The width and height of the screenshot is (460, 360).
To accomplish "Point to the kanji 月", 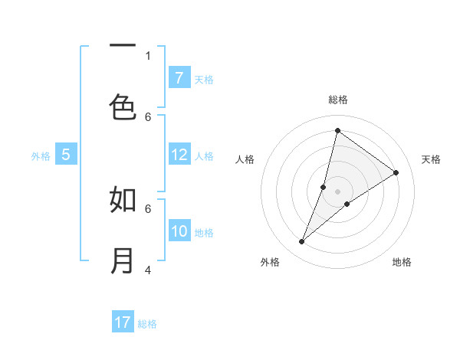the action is coord(123,260).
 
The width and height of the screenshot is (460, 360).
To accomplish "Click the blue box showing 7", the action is coord(179,78).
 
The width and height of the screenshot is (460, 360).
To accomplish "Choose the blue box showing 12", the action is coord(179,155).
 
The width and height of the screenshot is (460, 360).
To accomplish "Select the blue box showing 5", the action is coord(66,155).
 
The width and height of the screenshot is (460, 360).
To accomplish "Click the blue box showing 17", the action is coord(123,322).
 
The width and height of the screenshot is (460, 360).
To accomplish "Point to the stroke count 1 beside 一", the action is coord(148,55).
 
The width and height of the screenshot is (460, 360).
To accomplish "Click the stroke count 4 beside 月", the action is coord(148,270).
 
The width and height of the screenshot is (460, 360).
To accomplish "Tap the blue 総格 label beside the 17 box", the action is coord(147,324).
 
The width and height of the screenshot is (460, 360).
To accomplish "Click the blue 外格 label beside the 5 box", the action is coord(41,156).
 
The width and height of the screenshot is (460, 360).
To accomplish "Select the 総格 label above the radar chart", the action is coord(337,100).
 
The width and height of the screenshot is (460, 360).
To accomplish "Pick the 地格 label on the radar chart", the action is coord(402,262).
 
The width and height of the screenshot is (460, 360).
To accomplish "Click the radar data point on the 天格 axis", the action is coord(396,172).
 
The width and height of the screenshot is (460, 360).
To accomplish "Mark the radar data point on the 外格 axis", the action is coord(302,242).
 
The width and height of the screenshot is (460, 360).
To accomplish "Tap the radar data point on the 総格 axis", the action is coord(337,130).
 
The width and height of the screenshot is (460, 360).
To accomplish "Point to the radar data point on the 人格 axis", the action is coord(324,187).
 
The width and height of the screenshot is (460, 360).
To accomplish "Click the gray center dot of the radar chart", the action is coord(337,191).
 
